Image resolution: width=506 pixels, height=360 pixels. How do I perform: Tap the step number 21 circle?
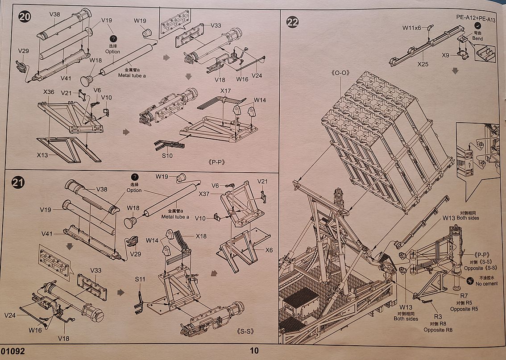(x=18, y=182)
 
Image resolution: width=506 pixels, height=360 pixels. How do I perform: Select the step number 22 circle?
(x=292, y=22)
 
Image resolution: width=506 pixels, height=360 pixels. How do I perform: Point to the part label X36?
(x=49, y=92)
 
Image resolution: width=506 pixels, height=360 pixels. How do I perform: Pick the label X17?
(x=225, y=91)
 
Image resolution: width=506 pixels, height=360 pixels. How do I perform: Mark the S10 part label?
(x=167, y=156)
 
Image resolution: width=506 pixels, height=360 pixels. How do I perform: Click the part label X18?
(x=201, y=236)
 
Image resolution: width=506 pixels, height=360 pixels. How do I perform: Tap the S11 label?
(x=140, y=279)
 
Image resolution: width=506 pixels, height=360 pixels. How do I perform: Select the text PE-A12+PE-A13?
(x=476, y=18)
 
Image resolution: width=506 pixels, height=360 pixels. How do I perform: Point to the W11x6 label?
(x=411, y=28)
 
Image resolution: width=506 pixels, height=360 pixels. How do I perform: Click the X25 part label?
(x=423, y=64)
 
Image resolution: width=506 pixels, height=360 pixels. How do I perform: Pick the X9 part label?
(x=445, y=55)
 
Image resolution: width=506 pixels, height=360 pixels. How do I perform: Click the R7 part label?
(x=464, y=295)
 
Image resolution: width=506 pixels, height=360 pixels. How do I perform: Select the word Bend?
(x=477, y=39)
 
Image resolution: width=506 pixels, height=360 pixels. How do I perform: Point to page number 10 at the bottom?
(x=254, y=351)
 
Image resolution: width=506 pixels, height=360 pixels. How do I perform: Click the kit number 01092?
(x=12, y=351)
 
